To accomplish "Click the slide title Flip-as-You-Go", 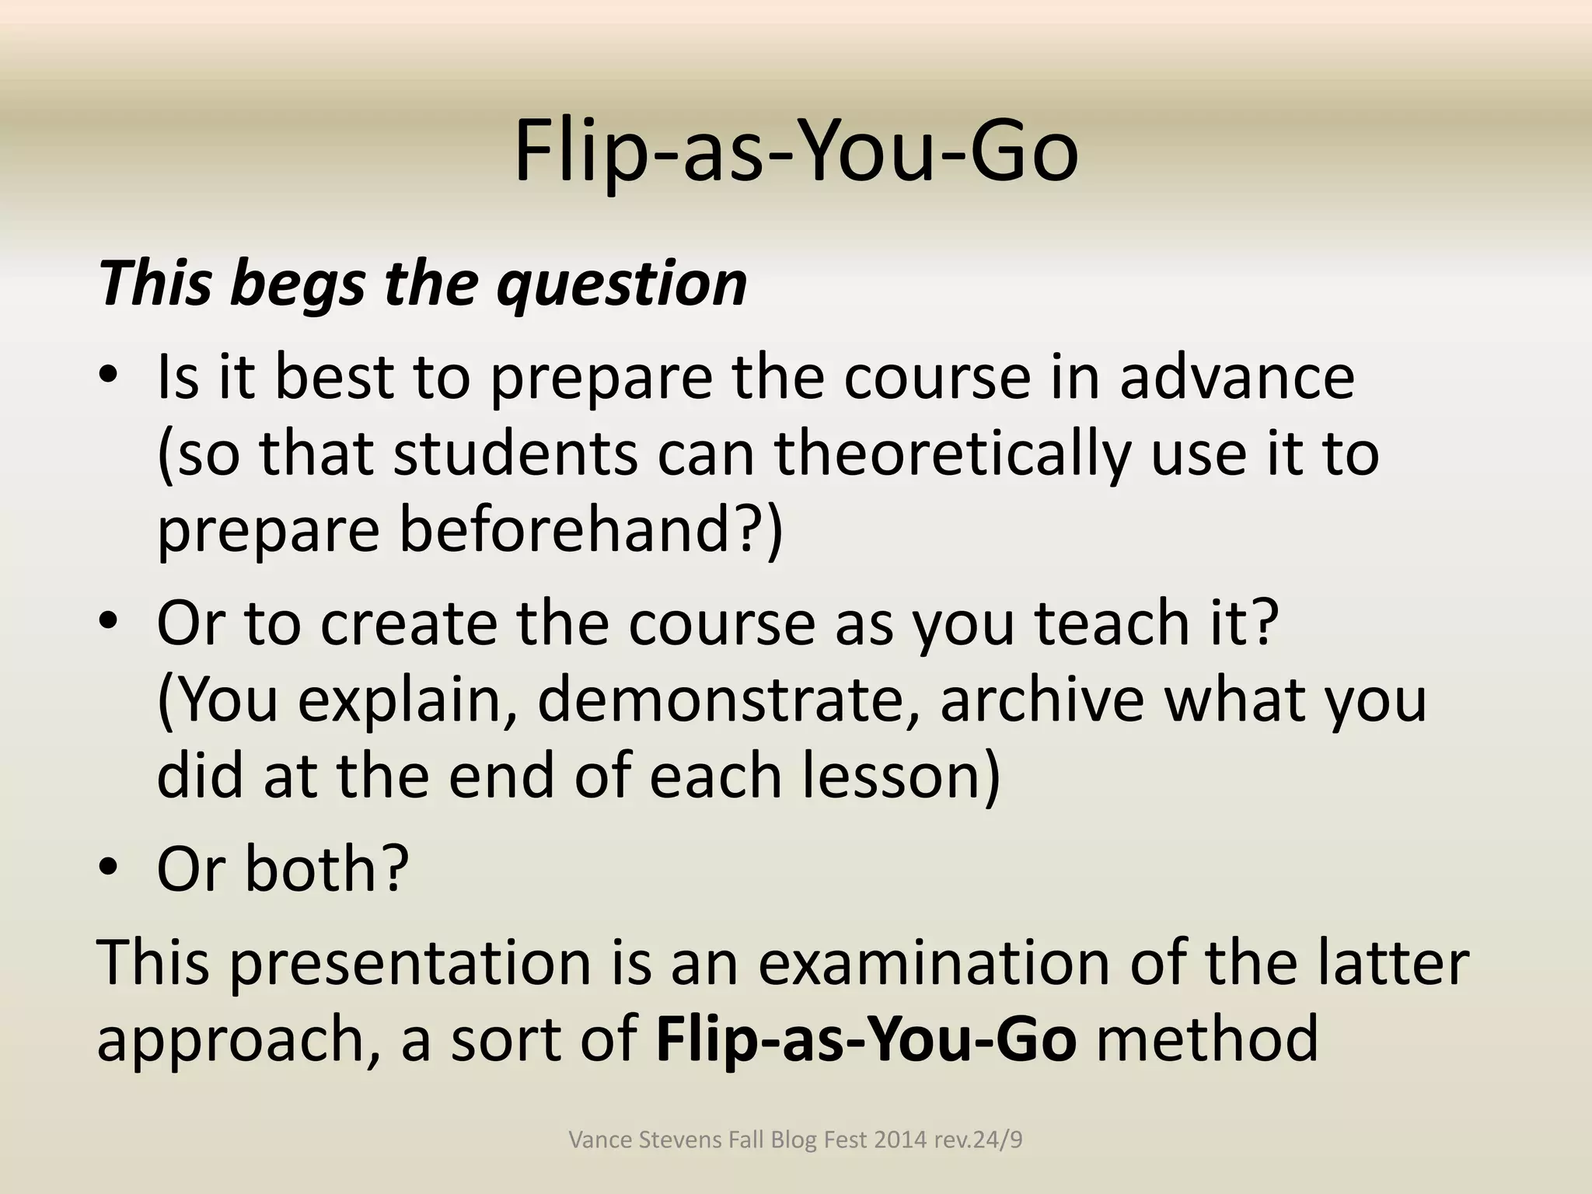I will pos(796,152).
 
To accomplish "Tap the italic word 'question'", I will pos(622,285).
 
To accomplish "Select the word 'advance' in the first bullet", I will pos(1237,378).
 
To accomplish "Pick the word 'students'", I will pos(515,455).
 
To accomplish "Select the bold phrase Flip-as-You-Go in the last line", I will pos(866,1040).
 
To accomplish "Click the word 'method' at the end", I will pos(1207,1040).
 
